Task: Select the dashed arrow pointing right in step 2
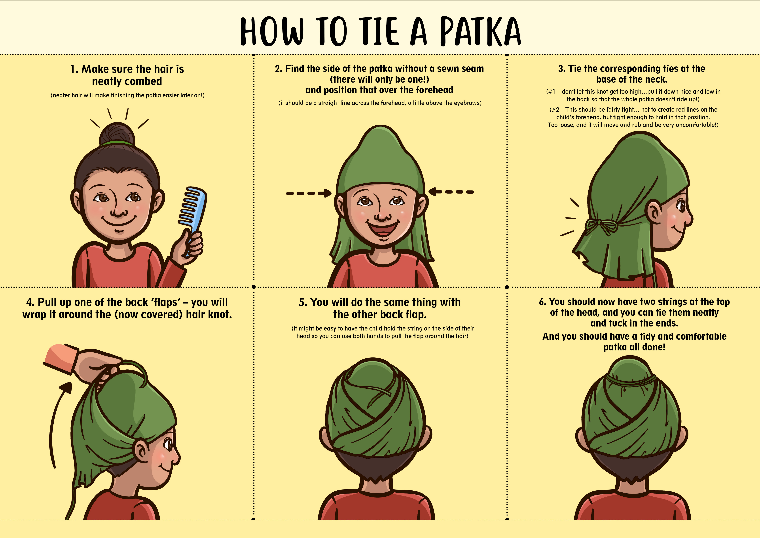[x=309, y=193]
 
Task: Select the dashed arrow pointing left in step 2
[x=451, y=192]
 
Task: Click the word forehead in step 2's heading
[x=434, y=90]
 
